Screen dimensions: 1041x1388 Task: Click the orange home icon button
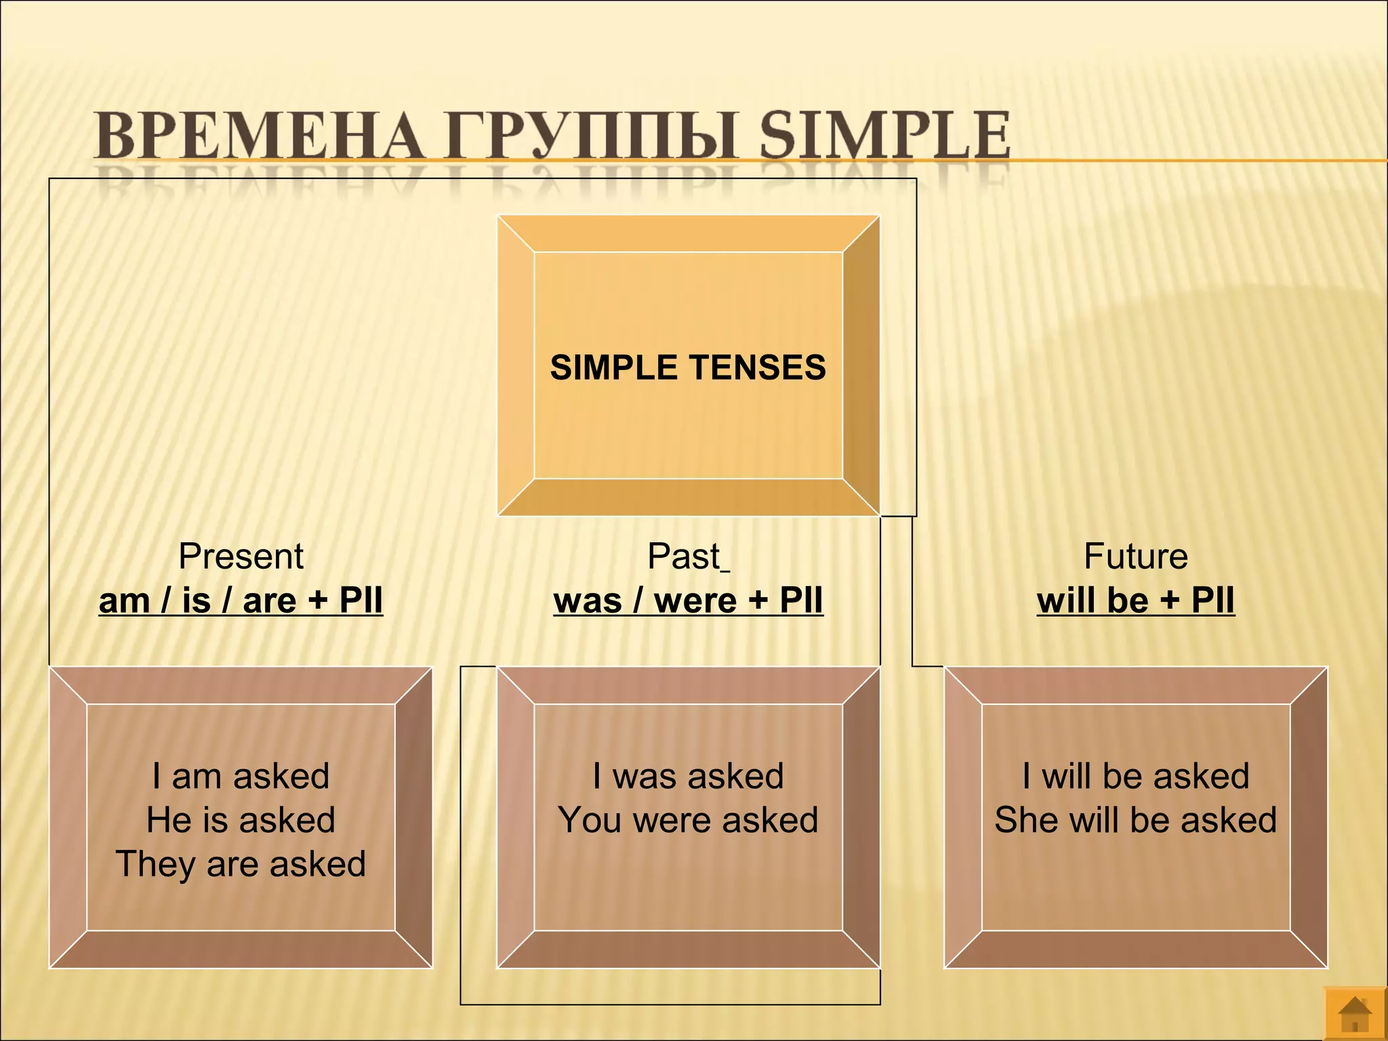click(x=1355, y=1015)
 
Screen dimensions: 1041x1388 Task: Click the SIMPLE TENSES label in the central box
click(x=688, y=367)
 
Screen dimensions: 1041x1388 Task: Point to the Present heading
click(x=241, y=556)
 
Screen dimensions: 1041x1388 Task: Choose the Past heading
click(x=684, y=556)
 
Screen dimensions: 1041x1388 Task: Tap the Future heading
click(x=1135, y=556)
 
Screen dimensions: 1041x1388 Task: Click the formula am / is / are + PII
click(x=241, y=600)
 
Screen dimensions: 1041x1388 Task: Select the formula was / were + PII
click(x=688, y=600)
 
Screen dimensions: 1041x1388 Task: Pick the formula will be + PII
click(x=1135, y=600)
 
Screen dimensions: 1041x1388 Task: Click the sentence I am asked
click(x=241, y=776)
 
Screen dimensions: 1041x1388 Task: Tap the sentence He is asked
click(x=241, y=820)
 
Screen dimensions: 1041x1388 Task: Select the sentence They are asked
click(x=241, y=864)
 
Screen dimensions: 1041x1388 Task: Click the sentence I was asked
click(x=688, y=776)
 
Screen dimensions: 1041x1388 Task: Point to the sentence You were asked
click(x=688, y=820)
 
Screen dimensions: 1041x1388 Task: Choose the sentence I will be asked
click(x=1135, y=776)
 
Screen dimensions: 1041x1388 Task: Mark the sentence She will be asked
click(x=1135, y=820)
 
